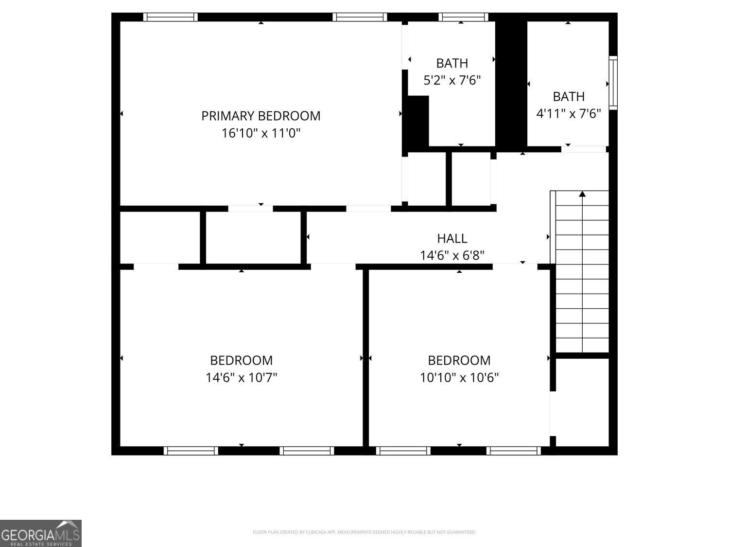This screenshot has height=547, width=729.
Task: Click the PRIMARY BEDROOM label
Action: pyautogui.click(x=261, y=116)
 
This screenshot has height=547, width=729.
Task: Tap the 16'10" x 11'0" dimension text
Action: pyautogui.click(x=261, y=133)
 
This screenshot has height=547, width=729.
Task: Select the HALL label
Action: pyautogui.click(x=452, y=238)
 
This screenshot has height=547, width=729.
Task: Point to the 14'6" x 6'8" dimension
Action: pyautogui.click(x=452, y=255)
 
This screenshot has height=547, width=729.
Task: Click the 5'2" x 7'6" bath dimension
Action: pyautogui.click(x=452, y=80)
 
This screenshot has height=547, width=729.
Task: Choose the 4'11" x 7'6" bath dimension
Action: pyautogui.click(x=569, y=114)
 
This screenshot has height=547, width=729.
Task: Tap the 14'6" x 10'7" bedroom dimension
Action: pyautogui.click(x=241, y=377)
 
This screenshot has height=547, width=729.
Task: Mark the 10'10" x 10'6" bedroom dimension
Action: pyautogui.click(x=459, y=377)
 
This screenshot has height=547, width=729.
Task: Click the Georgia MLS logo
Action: pyautogui.click(x=41, y=533)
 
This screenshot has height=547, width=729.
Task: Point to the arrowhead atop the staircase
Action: pyautogui.click(x=582, y=194)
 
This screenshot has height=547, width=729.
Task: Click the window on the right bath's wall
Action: pyautogui.click(x=613, y=82)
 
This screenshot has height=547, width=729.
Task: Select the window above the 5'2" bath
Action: pyautogui.click(x=463, y=17)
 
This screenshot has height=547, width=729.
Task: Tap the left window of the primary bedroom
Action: pyautogui.click(x=170, y=17)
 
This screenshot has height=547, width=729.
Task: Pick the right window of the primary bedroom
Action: pyautogui.click(x=360, y=17)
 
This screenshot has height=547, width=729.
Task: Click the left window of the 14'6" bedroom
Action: pyautogui.click(x=191, y=451)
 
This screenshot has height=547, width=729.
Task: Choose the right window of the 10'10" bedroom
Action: pyautogui.click(x=514, y=451)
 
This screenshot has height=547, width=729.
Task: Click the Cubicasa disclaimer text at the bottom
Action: pyautogui.click(x=364, y=532)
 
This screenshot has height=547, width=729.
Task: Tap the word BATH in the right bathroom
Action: pyautogui.click(x=569, y=97)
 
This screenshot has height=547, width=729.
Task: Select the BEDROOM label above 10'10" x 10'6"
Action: pyautogui.click(x=459, y=360)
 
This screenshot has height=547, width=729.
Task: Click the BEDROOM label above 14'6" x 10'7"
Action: pyautogui.click(x=241, y=360)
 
